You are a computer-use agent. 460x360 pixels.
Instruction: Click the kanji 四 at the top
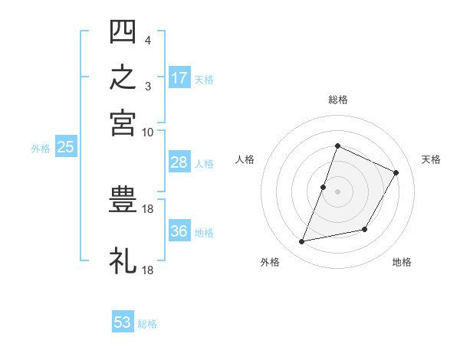point(123,31)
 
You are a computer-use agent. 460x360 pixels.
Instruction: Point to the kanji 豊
point(123,199)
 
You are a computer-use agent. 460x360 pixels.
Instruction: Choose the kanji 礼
point(123,260)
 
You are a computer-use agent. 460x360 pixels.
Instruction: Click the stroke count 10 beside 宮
point(147,133)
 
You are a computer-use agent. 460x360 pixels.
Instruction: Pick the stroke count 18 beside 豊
point(147,209)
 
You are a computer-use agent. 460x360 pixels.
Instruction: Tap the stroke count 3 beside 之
point(148,87)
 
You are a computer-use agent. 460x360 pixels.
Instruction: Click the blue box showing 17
point(179,77)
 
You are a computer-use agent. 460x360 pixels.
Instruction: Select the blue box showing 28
point(179,162)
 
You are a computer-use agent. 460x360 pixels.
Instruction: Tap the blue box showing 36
point(179,230)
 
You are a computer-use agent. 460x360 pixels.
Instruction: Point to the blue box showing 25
point(66,146)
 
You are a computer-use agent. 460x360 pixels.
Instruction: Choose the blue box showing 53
point(123,321)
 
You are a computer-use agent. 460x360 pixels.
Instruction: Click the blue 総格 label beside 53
point(147,324)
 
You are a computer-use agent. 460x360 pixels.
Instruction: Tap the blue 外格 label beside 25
point(41,149)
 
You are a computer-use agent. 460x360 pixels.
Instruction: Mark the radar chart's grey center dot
point(337,191)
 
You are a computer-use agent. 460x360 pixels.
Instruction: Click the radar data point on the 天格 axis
point(396,172)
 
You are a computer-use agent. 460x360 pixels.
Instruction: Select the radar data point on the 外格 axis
point(301,241)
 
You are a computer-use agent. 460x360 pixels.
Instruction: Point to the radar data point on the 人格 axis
point(323,187)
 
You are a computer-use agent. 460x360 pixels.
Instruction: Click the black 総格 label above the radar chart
point(338,100)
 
